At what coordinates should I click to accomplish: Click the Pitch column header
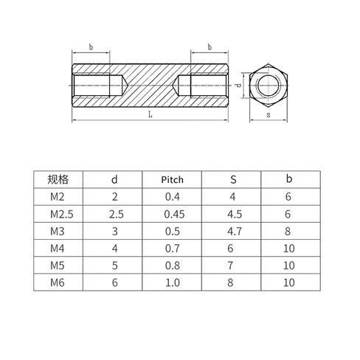pos(173,179)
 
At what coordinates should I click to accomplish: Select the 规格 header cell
pos(58,179)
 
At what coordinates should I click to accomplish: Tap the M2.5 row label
pos(62,214)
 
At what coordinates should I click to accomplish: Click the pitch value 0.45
pos(174,214)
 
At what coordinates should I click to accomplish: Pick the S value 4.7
pos(235,232)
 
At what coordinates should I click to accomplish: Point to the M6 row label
pos(58,283)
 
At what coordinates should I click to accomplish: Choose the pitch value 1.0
pos(173,283)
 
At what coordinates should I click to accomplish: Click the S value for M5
pos(230,266)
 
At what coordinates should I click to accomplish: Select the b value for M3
pos(288,232)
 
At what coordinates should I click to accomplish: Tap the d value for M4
pos(115,249)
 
